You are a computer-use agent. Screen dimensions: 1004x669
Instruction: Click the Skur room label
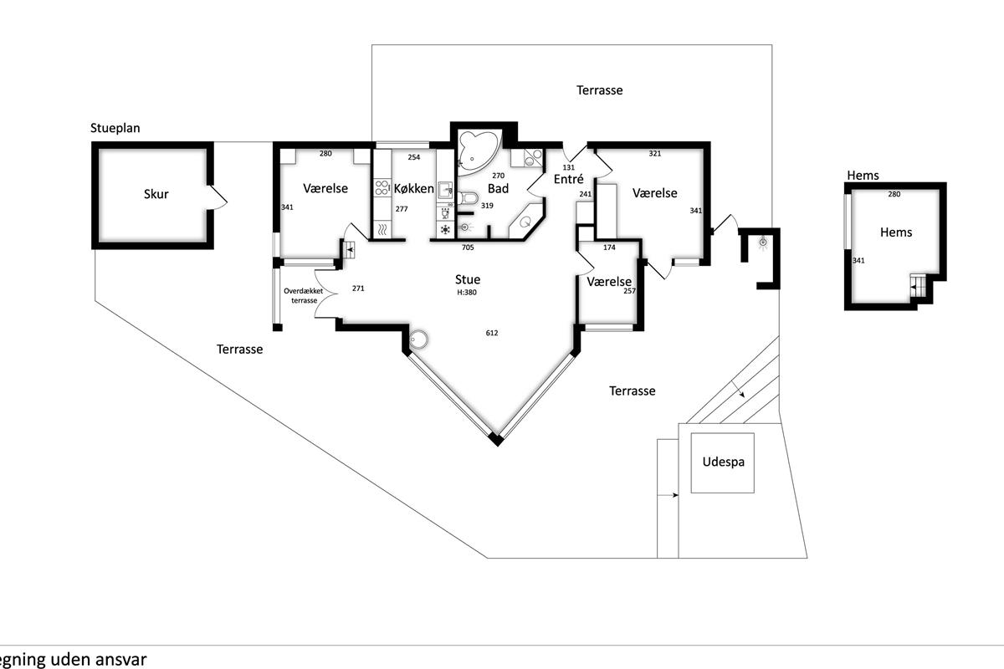tap(156, 194)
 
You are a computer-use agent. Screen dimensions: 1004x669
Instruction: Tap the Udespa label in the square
tap(723, 462)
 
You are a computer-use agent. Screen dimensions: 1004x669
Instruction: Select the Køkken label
tap(413, 188)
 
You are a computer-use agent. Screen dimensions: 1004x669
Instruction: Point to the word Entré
tap(568, 179)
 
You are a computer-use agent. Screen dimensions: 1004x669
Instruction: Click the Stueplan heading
tap(115, 128)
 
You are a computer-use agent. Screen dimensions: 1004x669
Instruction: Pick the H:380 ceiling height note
tap(467, 293)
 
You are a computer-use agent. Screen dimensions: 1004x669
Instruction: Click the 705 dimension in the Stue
tap(468, 248)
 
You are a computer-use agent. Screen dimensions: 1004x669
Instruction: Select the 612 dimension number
tap(492, 333)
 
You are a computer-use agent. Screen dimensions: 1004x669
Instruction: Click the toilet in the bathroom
tap(468, 197)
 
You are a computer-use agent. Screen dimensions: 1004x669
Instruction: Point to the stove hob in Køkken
tap(382, 187)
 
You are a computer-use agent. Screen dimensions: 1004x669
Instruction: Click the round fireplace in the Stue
tap(419, 340)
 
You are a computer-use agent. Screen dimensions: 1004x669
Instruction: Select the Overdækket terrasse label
tap(304, 296)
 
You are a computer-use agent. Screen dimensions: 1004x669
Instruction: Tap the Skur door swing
tap(218, 197)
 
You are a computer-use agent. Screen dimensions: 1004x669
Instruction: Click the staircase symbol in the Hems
tap(917, 285)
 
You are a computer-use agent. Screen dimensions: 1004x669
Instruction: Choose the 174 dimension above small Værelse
tap(609, 248)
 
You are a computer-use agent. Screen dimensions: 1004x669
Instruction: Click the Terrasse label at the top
tap(599, 90)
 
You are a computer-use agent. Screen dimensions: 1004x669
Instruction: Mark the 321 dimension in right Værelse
tap(655, 154)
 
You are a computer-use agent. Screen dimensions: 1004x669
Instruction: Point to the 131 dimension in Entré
tap(568, 167)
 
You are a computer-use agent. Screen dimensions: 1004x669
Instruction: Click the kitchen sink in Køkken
tap(445, 190)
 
